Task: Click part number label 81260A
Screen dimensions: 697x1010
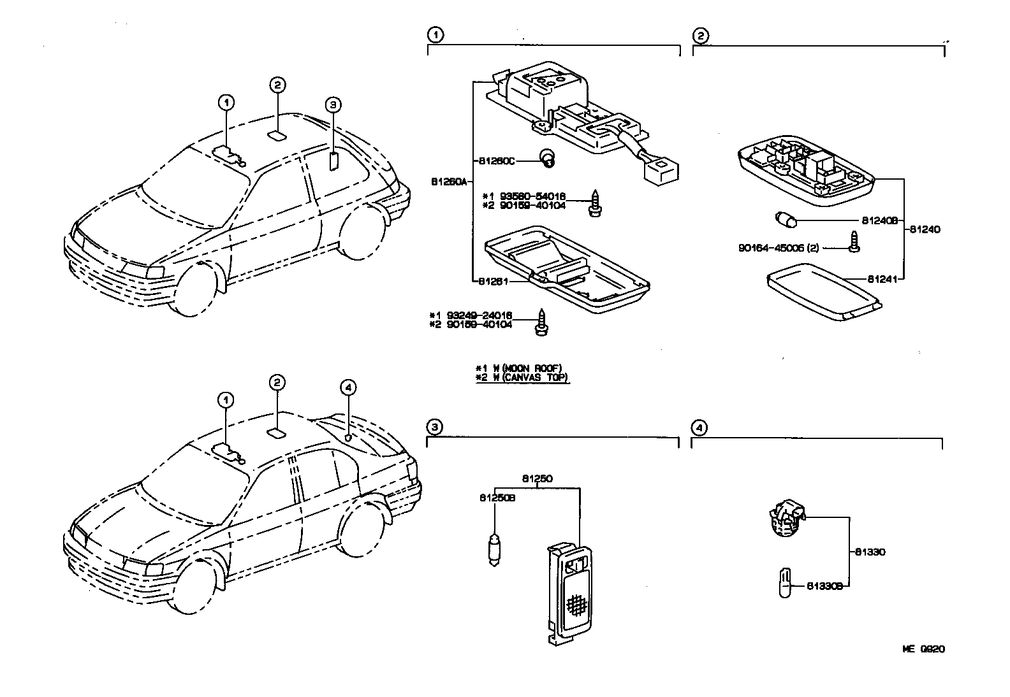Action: coord(450,182)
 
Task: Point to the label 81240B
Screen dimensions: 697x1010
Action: coord(879,220)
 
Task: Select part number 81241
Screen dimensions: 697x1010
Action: coord(881,278)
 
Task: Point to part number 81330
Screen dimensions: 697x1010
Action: coord(870,552)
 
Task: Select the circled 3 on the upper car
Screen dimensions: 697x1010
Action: coord(332,104)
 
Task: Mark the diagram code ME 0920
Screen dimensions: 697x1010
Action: coord(923,649)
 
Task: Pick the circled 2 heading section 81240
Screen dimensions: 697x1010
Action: coord(700,35)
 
